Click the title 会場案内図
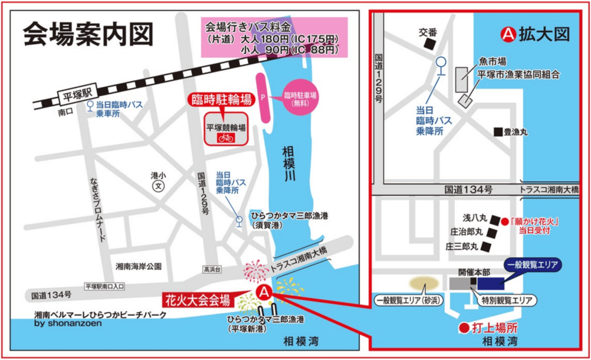[88, 35]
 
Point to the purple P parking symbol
[263, 98]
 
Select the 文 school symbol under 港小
[156, 187]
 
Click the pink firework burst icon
[256, 271]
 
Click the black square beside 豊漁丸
[498, 132]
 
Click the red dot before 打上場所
[463, 328]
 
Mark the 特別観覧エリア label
[508, 300]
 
